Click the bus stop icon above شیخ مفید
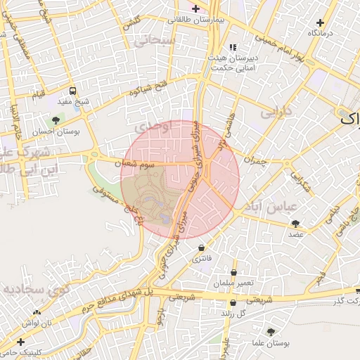[73, 91]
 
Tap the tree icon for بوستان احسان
[56, 120]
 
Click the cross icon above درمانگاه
[321, 23]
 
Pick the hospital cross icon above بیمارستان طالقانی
[195, 8]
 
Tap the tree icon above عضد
[294, 224]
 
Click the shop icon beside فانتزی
[202, 247]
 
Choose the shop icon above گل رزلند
[233, 303]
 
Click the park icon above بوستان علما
[271, 332]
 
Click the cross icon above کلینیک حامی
[20, 341]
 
